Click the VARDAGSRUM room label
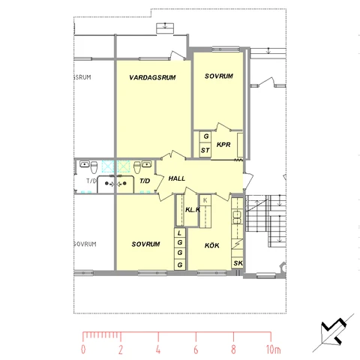click(x=152, y=77)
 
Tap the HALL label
click(x=177, y=178)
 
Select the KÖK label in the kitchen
click(x=212, y=245)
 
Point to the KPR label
click(x=223, y=145)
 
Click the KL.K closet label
click(x=193, y=210)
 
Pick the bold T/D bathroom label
click(x=145, y=181)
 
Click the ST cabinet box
click(x=205, y=150)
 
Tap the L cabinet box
click(x=180, y=233)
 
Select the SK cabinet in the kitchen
click(x=238, y=263)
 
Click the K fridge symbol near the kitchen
click(x=205, y=200)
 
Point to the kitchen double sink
click(x=237, y=217)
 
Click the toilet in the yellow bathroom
click(x=137, y=167)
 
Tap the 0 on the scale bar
click(x=83, y=349)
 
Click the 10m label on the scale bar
click(x=274, y=349)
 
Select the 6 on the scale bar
click(x=196, y=349)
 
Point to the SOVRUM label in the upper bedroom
click(x=219, y=76)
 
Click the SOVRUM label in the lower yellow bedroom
click(x=145, y=244)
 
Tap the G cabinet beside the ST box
click(x=205, y=136)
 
